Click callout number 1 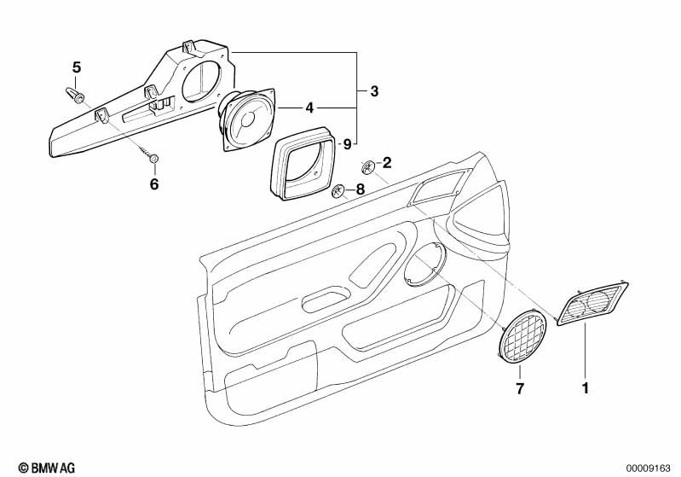pos(585,389)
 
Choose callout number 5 pos(76,67)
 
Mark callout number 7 pos(520,389)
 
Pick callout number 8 pos(360,189)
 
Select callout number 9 pos(346,143)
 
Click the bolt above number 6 pos(153,159)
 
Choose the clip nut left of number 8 pos(338,191)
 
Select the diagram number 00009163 pos(651,467)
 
